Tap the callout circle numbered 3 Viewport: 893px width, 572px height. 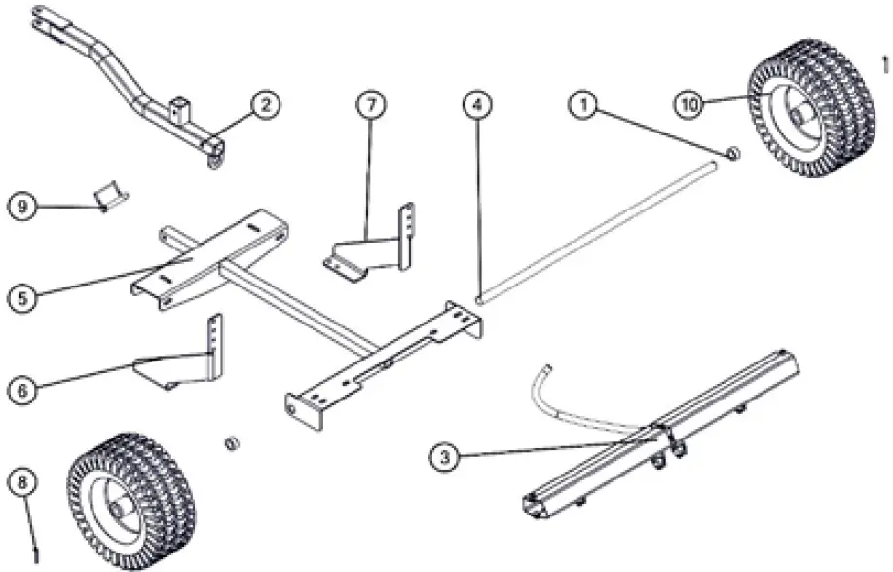point(444,454)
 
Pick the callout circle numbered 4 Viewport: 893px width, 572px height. point(475,104)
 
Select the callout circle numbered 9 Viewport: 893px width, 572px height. point(23,206)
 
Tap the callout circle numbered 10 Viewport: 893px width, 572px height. point(688,105)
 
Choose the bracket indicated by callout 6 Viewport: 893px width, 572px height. point(185,361)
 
